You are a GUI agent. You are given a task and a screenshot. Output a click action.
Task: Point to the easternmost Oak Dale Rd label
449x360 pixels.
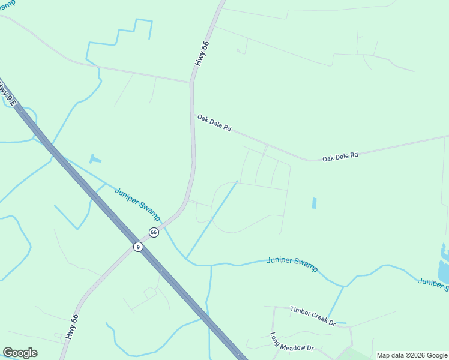(340, 156)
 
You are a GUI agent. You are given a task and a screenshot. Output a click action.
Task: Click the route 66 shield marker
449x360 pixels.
(154, 232)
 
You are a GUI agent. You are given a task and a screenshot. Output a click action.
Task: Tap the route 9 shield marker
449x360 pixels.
(138, 247)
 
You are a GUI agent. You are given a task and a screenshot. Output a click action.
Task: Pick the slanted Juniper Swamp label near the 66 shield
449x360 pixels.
(137, 203)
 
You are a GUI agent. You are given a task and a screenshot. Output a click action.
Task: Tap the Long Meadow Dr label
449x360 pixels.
(292, 343)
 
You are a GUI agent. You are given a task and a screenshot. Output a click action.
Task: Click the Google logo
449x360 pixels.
(20, 353)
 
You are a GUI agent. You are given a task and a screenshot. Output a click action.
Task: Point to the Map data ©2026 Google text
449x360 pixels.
(412, 355)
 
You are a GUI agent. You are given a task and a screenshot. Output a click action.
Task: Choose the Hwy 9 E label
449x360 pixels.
(6, 90)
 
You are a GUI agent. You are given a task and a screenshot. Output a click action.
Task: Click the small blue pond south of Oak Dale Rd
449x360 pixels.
(314, 203)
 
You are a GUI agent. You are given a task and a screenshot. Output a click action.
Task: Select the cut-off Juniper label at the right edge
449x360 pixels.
(433, 284)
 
